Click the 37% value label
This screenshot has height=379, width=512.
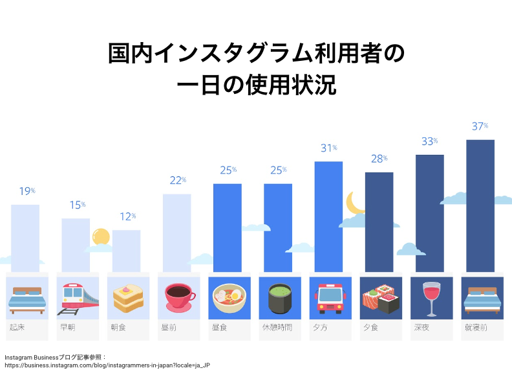480,127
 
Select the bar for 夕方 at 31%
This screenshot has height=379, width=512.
328,216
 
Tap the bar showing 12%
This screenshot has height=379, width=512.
126,251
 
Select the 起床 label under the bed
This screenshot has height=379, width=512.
17,328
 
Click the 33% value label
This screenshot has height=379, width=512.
429,142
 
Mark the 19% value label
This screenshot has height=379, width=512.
27,192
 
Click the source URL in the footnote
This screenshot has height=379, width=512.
107,365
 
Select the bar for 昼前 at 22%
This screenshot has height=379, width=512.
176,233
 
